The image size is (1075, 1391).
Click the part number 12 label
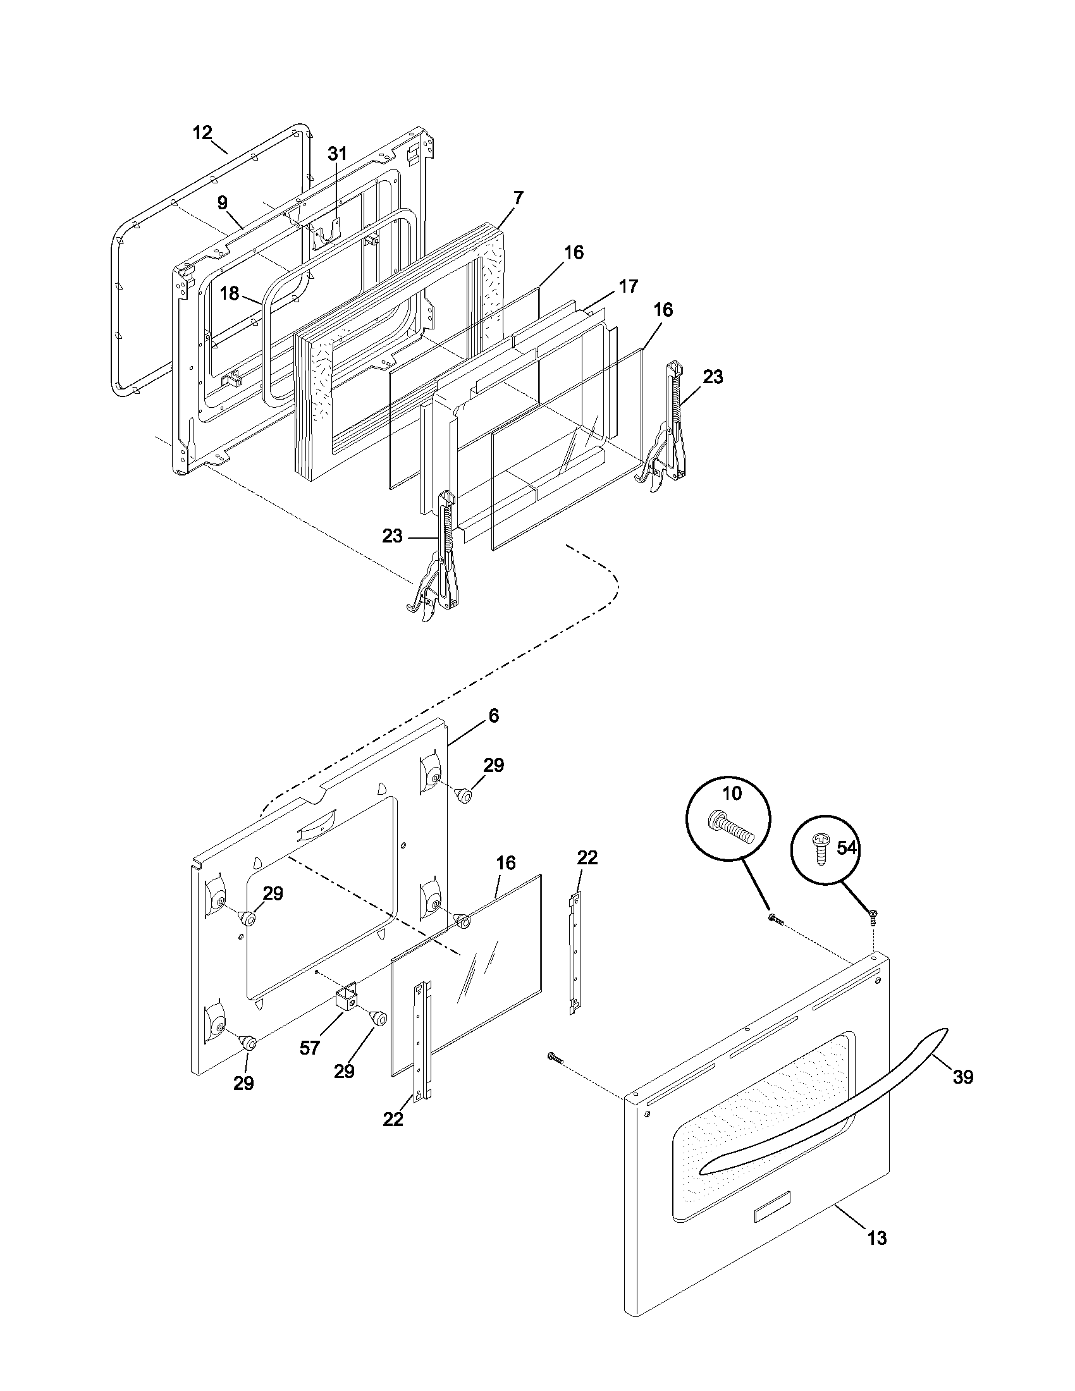pyautogui.click(x=202, y=133)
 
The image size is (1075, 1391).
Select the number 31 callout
pyautogui.click(x=338, y=154)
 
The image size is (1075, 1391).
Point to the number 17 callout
pyautogui.click(x=628, y=286)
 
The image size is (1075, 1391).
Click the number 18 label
pyautogui.click(x=230, y=293)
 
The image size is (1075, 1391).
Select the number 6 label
pyautogui.click(x=494, y=715)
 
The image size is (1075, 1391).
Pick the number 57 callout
pyautogui.click(x=309, y=1048)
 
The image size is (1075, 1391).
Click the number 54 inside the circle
pyautogui.click(x=846, y=849)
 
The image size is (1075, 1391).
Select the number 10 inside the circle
pyautogui.click(x=732, y=793)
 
